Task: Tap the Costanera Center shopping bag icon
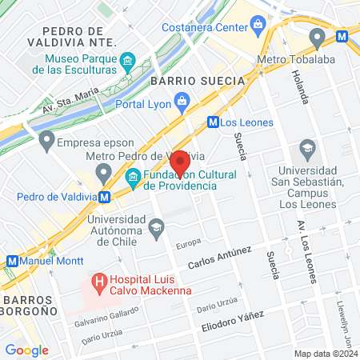point(257,25)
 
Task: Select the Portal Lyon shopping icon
point(183,101)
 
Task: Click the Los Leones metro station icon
point(213,122)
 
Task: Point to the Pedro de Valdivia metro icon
point(105,197)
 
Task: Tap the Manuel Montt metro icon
point(12,261)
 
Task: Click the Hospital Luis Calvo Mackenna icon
point(99,282)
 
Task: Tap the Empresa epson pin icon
point(46,144)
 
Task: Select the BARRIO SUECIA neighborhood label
point(183,81)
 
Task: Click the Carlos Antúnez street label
point(219,258)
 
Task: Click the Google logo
point(26,350)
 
